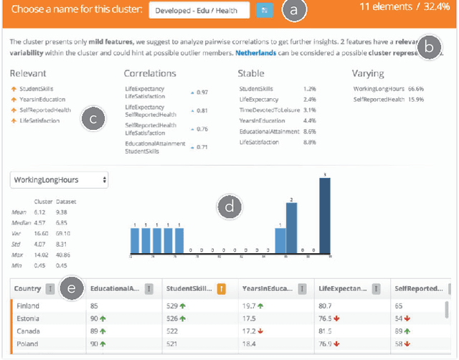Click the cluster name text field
[199, 10]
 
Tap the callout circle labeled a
[293, 10]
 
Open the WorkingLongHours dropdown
[59, 180]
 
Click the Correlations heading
[150, 73]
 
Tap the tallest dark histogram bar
[324, 214]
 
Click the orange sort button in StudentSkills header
[222, 289]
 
